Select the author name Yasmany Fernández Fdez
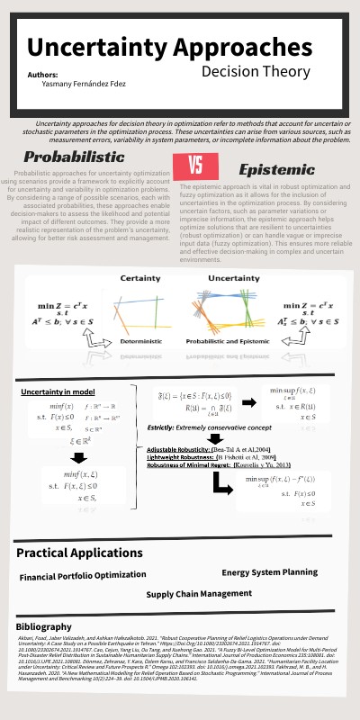click(85, 83)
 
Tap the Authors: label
click(43, 74)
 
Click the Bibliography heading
click(44, 625)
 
